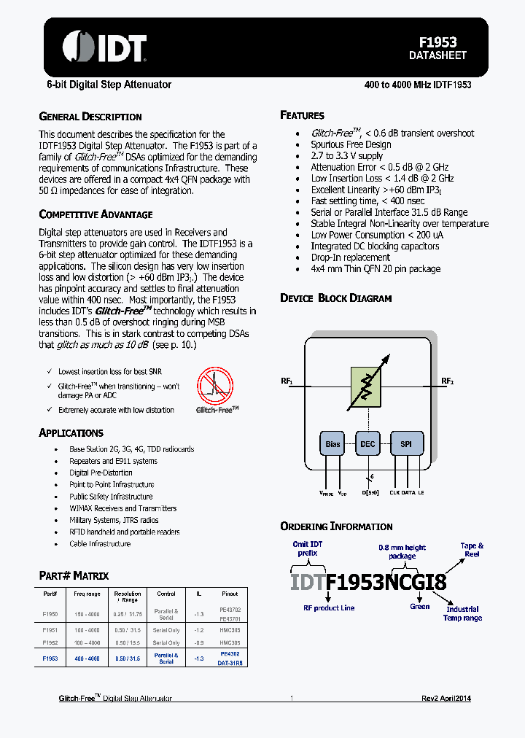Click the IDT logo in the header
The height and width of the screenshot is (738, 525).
(x=104, y=47)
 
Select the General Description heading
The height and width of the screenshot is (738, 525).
(x=90, y=117)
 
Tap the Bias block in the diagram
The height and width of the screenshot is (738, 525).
(x=332, y=443)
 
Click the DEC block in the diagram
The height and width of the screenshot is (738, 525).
(x=368, y=443)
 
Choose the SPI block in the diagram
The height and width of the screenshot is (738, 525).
(x=405, y=443)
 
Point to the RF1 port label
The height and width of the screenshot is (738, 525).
(x=287, y=381)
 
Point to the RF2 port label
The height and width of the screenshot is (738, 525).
(x=447, y=381)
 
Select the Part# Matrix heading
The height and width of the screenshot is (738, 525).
(x=74, y=576)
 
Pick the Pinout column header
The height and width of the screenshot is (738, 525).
(x=230, y=594)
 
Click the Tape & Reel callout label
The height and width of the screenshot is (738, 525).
(x=472, y=549)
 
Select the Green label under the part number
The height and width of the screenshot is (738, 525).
(x=419, y=606)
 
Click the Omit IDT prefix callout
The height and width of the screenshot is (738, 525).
(x=308, y=548)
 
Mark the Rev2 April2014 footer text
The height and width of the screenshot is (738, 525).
(x=446, y=698)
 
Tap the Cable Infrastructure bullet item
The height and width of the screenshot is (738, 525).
(x=100, y=544)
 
